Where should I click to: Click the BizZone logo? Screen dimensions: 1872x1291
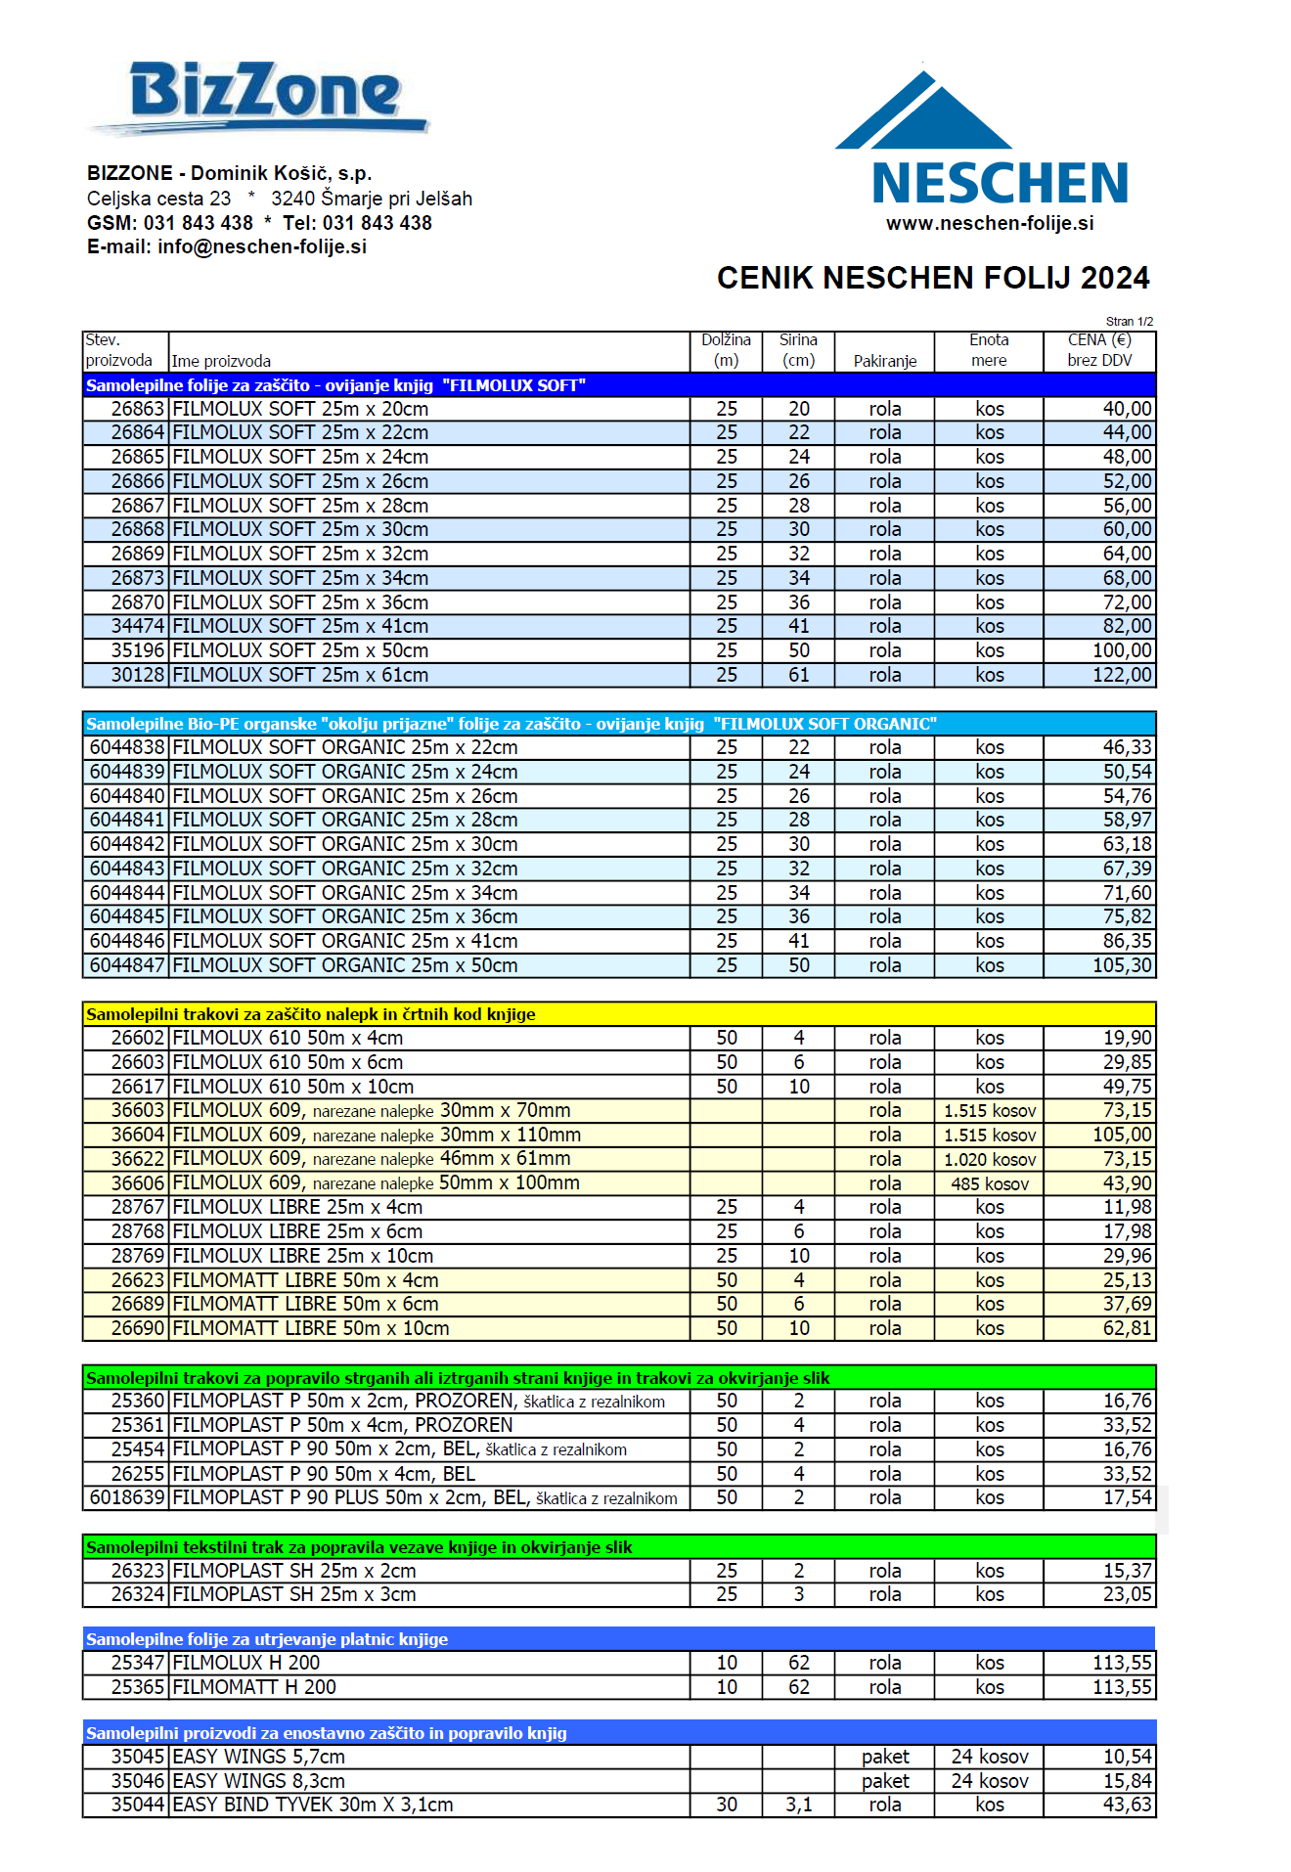pos(264,95)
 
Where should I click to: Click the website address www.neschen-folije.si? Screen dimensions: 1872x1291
pos(990,223)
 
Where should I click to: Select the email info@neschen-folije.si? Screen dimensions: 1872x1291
pos(262,246)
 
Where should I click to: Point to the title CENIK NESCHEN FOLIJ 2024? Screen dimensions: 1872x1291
pos(933,278)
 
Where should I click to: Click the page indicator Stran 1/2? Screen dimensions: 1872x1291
pos(1130,321)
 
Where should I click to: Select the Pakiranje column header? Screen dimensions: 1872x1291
pos(885,361)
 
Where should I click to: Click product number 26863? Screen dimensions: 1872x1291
pos(137,409)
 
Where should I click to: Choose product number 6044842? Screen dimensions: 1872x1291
pos(127,844)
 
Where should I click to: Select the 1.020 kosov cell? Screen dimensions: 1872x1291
pos(990,1159)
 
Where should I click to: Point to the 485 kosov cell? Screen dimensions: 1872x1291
pos(990,1183)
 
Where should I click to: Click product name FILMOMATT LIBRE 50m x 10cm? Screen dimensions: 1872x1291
pos(311,1328)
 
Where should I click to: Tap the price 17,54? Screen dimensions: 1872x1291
pos(1128,1497)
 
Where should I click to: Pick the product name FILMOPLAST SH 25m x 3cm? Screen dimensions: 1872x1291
pos(294,1594)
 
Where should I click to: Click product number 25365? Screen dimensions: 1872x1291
pos(137,1687)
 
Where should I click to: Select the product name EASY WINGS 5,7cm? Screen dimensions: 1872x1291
pos(258,1757)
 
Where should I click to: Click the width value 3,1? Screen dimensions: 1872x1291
pos(799,1805)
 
